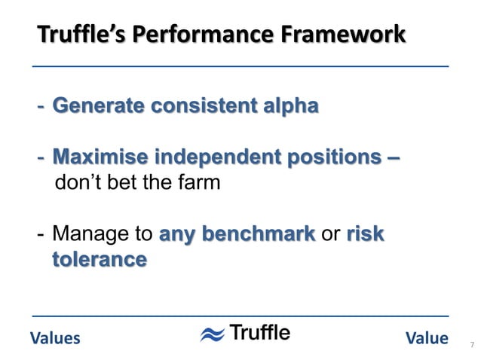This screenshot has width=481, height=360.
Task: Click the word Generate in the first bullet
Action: (x=94, y=106)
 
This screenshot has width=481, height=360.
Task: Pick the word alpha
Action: (x=290, y=106)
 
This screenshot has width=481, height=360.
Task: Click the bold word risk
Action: (x=365, y=235)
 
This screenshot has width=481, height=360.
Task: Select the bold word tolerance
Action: (x=99, y=260)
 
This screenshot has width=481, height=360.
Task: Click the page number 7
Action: (x=471, y=345)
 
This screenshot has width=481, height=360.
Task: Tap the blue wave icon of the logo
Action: (x=212, y=334)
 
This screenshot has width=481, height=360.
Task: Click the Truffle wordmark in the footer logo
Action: (x=259, y=333)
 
